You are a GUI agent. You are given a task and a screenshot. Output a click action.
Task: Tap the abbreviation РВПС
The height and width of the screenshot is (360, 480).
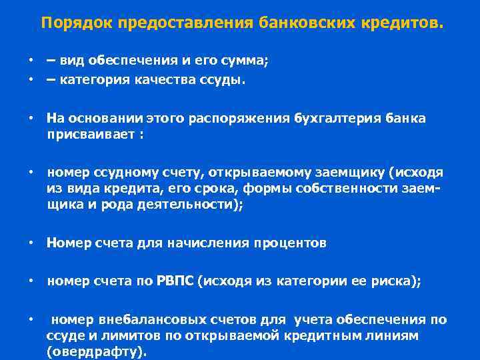[175, 282]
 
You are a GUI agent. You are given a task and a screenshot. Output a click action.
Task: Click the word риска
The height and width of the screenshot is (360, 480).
[397, 282]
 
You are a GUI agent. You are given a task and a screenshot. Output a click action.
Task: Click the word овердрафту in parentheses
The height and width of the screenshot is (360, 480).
[95, 351]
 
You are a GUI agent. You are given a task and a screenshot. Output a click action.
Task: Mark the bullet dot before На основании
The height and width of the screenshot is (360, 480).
[31, 118]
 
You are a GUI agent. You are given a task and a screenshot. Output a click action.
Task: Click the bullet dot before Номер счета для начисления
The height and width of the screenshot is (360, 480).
[31, 243]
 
